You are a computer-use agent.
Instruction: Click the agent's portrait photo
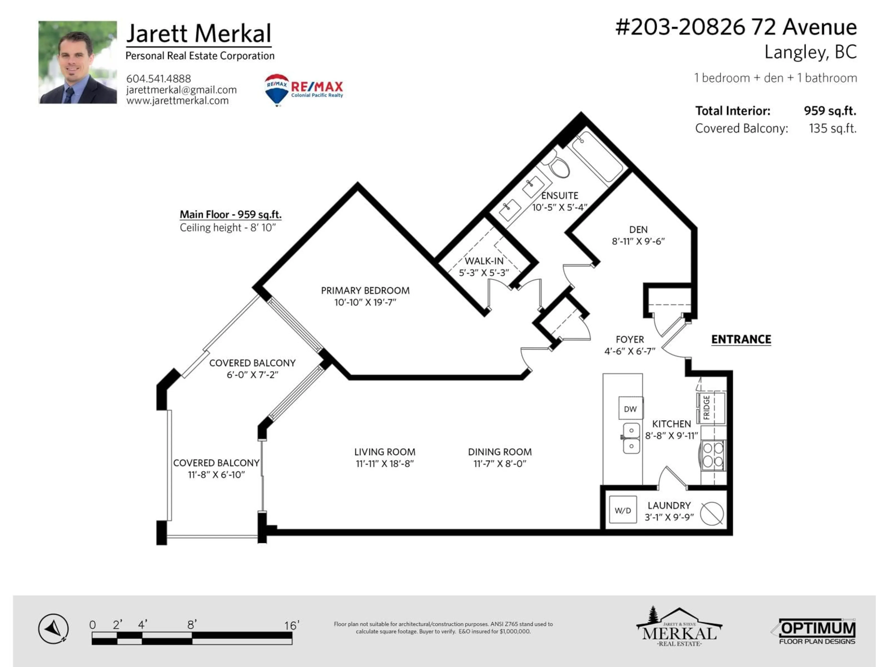(x=78, y=62)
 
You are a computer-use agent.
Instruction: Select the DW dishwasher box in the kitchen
(x=630, y=409)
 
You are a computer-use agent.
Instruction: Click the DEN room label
(x=638, y=230)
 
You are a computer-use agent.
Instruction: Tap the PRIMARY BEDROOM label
(x=365, y=290)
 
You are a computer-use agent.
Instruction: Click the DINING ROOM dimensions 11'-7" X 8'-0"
(x=500, y=464)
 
